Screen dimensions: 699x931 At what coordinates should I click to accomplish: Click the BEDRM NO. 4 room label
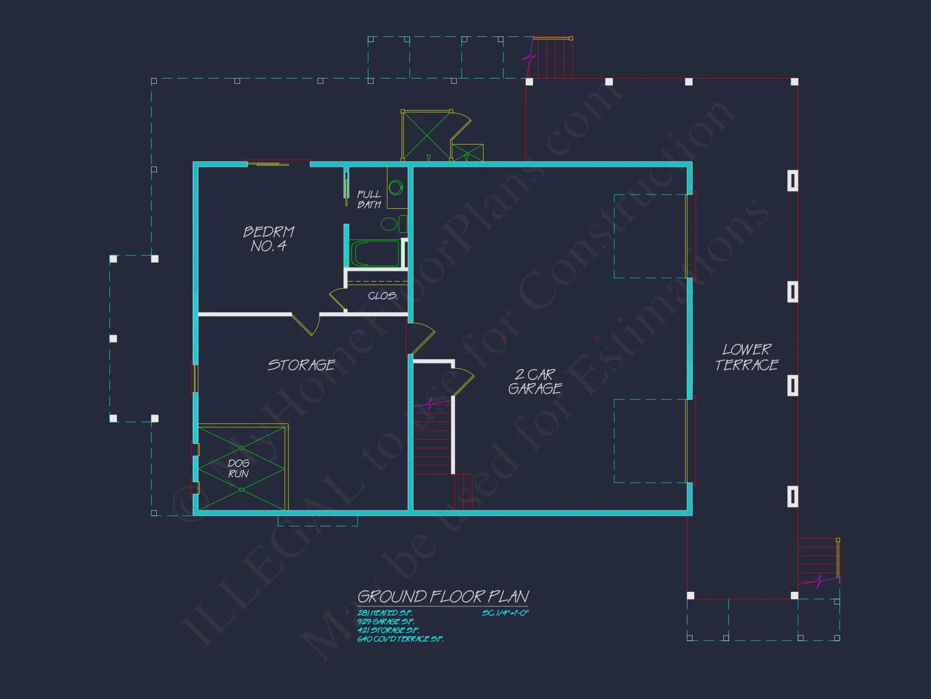tap(269, 239)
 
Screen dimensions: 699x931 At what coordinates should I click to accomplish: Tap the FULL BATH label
tap(369, 199)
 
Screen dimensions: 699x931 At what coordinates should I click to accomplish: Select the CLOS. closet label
tap(383, 296)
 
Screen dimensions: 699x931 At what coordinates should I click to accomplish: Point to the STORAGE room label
tap(301, 365)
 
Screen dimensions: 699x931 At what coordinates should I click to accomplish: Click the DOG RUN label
tap(238, 468)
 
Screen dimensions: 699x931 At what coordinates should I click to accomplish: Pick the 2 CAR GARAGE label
tap(535, 382)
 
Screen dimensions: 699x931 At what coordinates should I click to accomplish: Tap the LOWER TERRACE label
tap(747, 357)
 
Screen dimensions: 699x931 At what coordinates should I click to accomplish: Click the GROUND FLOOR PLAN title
tap(443, 596)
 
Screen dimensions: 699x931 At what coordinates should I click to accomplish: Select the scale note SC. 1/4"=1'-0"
tap(505, 613)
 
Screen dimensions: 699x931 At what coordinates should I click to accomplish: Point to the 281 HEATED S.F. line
tap(385, 613)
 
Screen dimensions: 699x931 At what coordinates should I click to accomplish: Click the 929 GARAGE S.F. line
tap(385, 622)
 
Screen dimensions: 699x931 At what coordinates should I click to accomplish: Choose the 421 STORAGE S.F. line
tap(388, 630)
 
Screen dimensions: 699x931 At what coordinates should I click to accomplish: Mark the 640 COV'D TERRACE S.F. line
tap(400, 639)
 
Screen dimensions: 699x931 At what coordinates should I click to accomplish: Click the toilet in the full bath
tap(393, 224)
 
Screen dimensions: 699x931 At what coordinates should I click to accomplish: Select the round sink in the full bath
tap(395, 188)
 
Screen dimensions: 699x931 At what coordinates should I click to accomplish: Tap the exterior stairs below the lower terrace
tap(818, 559)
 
